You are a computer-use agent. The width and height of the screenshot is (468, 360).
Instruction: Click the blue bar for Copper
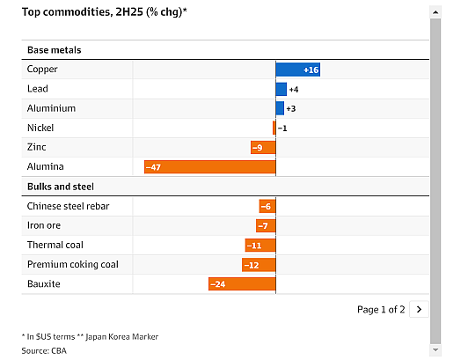tap(298, 70)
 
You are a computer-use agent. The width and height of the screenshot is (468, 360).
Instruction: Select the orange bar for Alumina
tap(210, 167)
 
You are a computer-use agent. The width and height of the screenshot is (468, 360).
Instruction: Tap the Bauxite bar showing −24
tap(242, 283)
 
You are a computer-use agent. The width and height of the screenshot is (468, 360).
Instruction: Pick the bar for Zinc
tap(263, 147)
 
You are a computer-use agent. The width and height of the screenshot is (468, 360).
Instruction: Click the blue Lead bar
tap(282, 89)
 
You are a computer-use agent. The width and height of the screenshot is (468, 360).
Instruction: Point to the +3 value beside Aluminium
tap(291, 108)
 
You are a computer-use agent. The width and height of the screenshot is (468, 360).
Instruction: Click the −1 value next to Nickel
tap(282, 129)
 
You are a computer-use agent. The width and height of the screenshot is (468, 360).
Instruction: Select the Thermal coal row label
tap(55, 245)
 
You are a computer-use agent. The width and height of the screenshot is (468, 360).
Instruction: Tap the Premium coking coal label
tap(73, 264)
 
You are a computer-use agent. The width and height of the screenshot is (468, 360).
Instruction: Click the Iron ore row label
tap(44, 225)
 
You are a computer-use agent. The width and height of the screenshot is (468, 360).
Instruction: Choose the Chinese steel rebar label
tap(68, 206)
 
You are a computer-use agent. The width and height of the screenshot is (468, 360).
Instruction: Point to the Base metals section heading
tap(54, 50)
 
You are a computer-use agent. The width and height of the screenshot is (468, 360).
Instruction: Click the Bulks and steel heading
tap(61, 187)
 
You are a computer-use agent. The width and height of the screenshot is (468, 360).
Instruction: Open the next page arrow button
tap(419, 309)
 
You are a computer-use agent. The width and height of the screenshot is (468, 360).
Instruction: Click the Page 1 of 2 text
tap(381, 310)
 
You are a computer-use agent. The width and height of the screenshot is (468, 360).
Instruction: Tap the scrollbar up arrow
tap(435, 12)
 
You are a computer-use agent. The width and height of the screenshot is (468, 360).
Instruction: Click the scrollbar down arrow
tap(435, 349)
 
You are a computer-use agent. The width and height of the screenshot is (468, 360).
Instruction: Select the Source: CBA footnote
tap(44, 350)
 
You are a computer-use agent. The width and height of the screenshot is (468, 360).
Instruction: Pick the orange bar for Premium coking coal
tap(259, 265)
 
